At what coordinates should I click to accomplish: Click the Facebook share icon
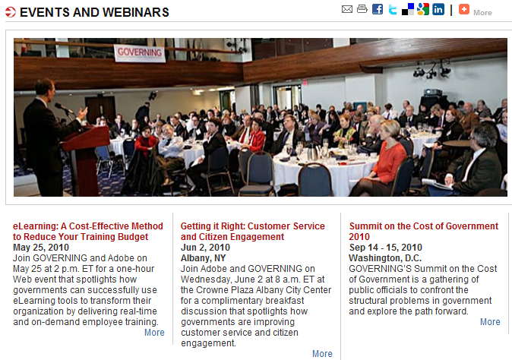tap(378, 9)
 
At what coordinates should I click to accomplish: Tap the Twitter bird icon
tap(393, 9)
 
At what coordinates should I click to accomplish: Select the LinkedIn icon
tap(438, 9)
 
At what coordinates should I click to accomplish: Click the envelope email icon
tap(346, 9)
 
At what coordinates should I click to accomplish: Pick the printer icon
tap(362, 9)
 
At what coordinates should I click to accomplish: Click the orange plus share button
tap(463, 9)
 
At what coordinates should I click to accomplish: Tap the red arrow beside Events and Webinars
tap(11, 12)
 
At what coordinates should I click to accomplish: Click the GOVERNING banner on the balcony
tap(140, 53)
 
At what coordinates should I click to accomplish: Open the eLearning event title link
tap(88, 232)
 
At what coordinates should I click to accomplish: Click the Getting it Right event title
tap(253, 232)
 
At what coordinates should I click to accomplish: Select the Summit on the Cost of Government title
tap(424, 232)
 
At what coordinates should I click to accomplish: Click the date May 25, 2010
tap(41, 248)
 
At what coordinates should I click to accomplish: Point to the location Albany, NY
tap(203, 258)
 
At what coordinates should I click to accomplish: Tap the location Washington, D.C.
tap(385, 258)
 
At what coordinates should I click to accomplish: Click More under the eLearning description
tap(154, 333)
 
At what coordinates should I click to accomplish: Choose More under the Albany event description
tap(322, 354)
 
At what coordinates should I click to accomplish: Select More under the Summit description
tap(490, 322)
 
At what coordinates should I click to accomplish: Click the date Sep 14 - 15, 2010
tap(385, 248)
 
